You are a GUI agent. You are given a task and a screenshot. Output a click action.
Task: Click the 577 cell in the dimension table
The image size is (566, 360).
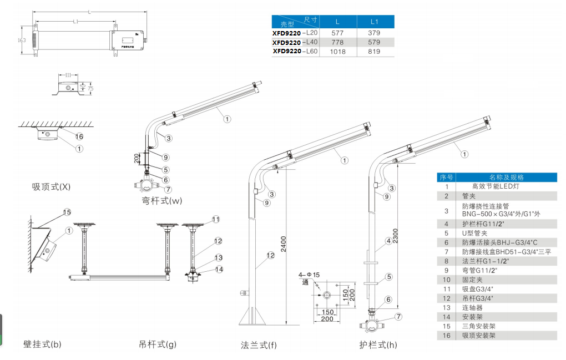point(337,33)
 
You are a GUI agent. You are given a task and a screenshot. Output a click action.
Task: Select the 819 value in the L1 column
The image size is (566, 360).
point(374,52)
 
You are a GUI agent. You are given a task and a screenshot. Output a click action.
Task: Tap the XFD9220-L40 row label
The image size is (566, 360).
point(295,42)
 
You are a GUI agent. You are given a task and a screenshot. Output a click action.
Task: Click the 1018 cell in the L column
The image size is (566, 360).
point(337,52)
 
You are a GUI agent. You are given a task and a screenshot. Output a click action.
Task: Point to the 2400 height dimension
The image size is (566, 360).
point(284,245)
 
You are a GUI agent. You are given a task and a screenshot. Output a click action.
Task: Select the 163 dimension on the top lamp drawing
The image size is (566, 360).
point(22,40)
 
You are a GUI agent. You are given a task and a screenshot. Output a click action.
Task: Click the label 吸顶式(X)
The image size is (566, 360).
point(51,187)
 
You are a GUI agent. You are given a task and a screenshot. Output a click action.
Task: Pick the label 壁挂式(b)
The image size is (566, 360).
point(42,344)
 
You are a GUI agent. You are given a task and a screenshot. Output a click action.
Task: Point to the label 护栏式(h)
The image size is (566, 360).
point(378,345)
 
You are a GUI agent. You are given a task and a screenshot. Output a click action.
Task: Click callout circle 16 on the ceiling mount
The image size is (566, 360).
point(79,136)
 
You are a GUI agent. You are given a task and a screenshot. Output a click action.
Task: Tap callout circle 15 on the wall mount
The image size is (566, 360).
point(67,212)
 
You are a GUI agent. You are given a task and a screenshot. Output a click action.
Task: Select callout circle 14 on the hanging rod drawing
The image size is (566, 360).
point(219,270)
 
